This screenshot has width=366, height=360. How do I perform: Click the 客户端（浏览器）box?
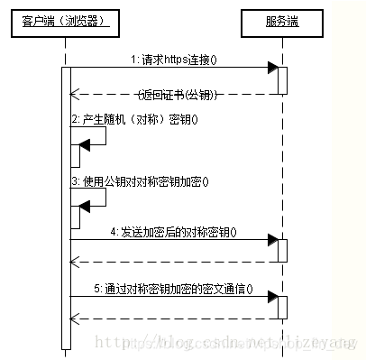[x=65, y=21]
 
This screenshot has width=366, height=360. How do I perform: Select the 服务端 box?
[x=281, y=21]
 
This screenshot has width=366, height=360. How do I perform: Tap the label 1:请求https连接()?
[x=179, y=60]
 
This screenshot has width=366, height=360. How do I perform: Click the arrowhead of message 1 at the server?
[x=271, y=68]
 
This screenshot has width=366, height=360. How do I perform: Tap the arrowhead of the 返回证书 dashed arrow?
[x=76, y=93]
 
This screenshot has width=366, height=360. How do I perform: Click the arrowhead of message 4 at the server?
[x=271, y=240]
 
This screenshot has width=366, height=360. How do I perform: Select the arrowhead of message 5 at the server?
[x=271, y=298]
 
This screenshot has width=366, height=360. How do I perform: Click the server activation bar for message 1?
[x=282, y=79]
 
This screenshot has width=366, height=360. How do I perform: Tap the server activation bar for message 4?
[x=282, y=250]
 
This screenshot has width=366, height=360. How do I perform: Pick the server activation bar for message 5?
[x=282, y=308]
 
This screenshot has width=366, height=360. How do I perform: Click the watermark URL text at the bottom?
[x=225, y=344]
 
